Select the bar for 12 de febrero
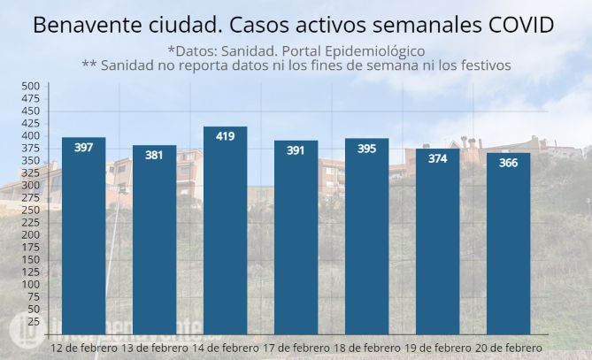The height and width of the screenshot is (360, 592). [84, 235]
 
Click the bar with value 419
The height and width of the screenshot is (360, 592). [226, 230]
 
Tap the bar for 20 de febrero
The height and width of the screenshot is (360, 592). [509, 243]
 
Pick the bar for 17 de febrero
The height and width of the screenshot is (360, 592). [296, 237]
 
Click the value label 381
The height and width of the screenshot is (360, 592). [155, 156]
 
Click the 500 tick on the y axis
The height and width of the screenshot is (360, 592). [31, 86]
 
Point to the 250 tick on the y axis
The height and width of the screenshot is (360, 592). [31, 211]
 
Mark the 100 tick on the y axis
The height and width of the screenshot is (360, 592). [31, 285]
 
